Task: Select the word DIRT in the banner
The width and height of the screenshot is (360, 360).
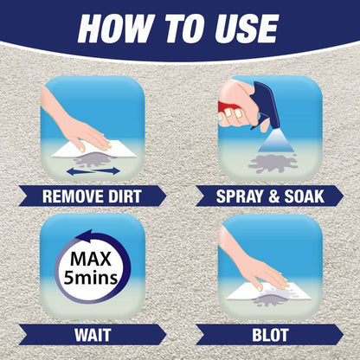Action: tap(125, 196)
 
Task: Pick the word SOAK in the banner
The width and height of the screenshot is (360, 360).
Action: tap(305, 196)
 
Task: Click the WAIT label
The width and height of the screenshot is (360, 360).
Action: tap(93, 335)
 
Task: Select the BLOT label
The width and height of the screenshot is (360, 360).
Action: tap(270, 335)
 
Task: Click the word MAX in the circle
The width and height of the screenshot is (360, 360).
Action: tap(91, 259)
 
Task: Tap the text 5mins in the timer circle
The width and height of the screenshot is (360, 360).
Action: tap(91, 278)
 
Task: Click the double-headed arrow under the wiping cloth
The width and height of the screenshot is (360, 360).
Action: tap(93, 171)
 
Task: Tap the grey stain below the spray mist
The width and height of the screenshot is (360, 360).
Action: tap(273, 164)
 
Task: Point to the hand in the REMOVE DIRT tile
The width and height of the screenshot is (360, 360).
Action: tap(78, 124)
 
